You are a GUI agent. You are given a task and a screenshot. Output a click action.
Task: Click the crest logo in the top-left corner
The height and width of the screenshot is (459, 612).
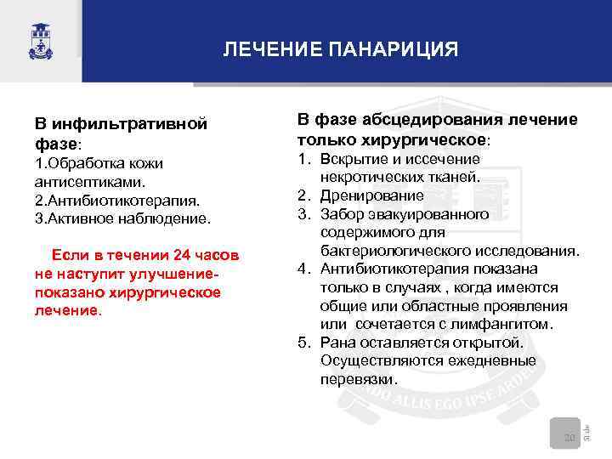click(x=39, y=40)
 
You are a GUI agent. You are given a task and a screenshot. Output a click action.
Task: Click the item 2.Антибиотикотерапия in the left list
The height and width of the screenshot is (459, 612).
click(x=117, y=201)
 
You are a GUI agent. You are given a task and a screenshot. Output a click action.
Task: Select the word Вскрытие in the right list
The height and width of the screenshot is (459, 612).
click(x=349, y=159)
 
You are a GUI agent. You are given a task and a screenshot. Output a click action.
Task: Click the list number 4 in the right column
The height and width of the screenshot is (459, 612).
click(x=303, y=269)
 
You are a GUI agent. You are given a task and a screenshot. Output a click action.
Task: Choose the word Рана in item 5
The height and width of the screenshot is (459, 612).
click(x=337, y=343)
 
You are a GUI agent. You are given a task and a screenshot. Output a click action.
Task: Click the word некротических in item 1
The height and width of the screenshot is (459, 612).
click(x=366, y=178)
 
